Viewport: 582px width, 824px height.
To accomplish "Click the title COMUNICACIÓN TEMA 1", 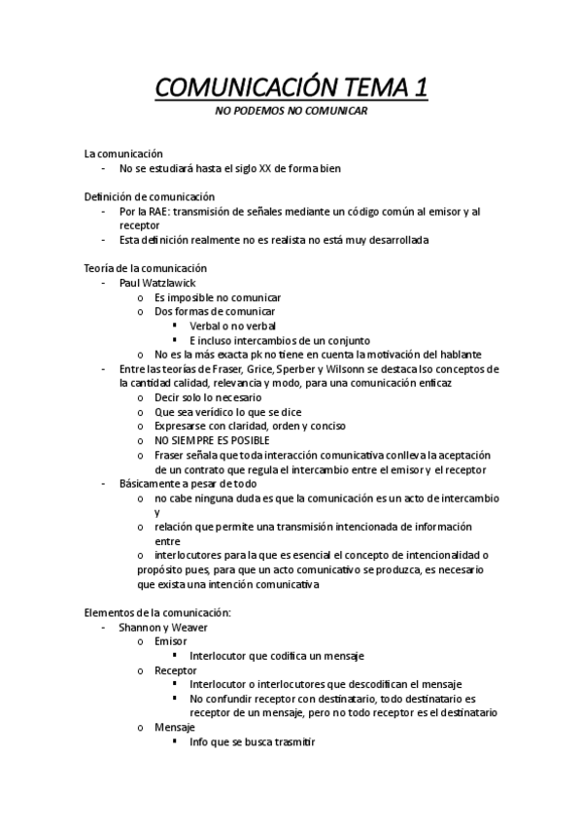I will point(291,88).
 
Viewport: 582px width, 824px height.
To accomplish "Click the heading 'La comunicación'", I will point(123,154).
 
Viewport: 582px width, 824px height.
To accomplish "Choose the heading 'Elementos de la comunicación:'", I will point(157,612).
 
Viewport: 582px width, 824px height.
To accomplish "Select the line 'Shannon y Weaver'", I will point(163,627).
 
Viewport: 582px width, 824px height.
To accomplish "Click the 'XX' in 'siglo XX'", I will point(265,168).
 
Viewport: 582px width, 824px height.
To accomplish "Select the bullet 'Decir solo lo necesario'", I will point(208,397).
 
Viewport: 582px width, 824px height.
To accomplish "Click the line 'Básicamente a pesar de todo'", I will point(188,483).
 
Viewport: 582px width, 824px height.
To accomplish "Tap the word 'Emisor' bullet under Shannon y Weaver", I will point(171,641).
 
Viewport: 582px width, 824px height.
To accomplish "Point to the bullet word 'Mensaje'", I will point(175,727).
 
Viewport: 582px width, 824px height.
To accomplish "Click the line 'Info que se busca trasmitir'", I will point(253,741).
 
